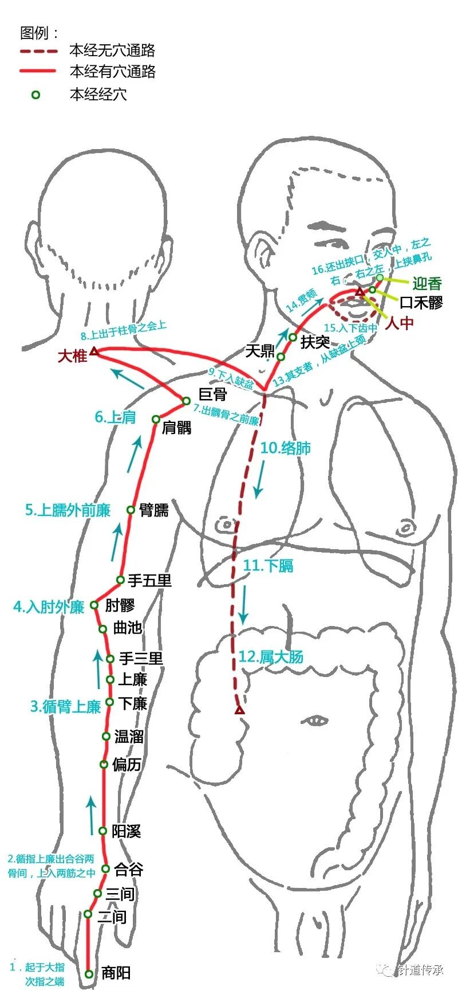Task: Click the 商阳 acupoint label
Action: (x=116, y=972)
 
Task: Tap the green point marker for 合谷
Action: (x=105, y=868)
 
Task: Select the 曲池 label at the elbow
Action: (x=127, y=627)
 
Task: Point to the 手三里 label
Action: (x=141, y=659)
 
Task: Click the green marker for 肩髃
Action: (x=156, y=419)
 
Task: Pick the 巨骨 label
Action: (x=212, y=394)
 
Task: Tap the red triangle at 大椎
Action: (x=94, y=350)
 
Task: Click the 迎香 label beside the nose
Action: (x=427, y=283)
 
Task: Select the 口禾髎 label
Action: (x=421, y=303)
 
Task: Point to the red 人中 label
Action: (x=399, y=323)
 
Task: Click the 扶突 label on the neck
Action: (x=315, y=342)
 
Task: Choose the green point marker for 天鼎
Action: (x=281, y=357)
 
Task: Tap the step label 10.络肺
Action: (x=285, y=448)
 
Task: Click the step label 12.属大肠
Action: (x=270, y=657)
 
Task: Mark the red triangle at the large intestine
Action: (x=239, y=710)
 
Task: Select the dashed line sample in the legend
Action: (x=38, y=51)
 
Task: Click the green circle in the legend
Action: (x=35, y=95)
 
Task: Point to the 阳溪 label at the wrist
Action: (x=126, y=831)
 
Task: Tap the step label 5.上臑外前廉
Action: (x=68, y=510)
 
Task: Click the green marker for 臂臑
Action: (x=131, y=510)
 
